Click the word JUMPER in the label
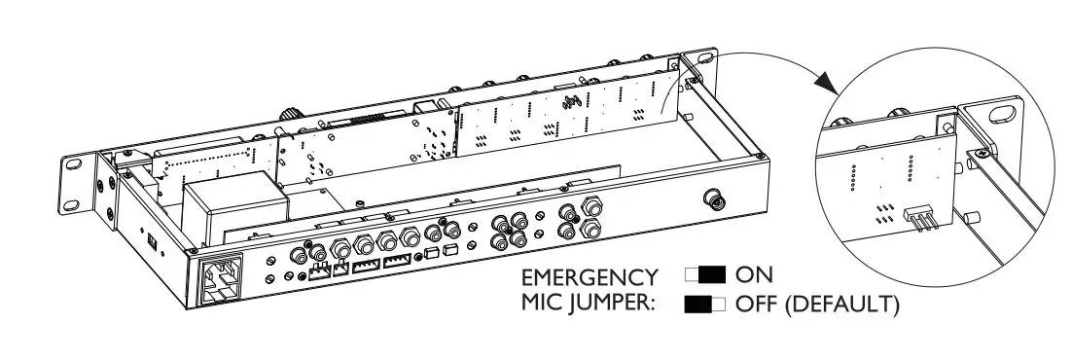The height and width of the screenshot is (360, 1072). pyautogui.click(x=613, y=304)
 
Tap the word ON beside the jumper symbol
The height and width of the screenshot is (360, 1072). pyautogui.click(x=754, y=275)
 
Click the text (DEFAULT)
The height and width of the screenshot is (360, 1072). pyautogui.click(x=841, y=304)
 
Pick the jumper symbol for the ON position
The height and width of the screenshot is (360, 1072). pyautogui.click(x=705, y=275)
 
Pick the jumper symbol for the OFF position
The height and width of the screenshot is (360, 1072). pyautogui.click(x=705, y=304)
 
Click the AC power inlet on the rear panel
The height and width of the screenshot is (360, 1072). pyautogui.click(x=220, y=280)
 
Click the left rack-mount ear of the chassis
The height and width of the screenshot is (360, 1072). pyautogui.click(x=79, y=180)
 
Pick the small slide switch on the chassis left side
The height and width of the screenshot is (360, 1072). pyautogui.click(x=151, y=238)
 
